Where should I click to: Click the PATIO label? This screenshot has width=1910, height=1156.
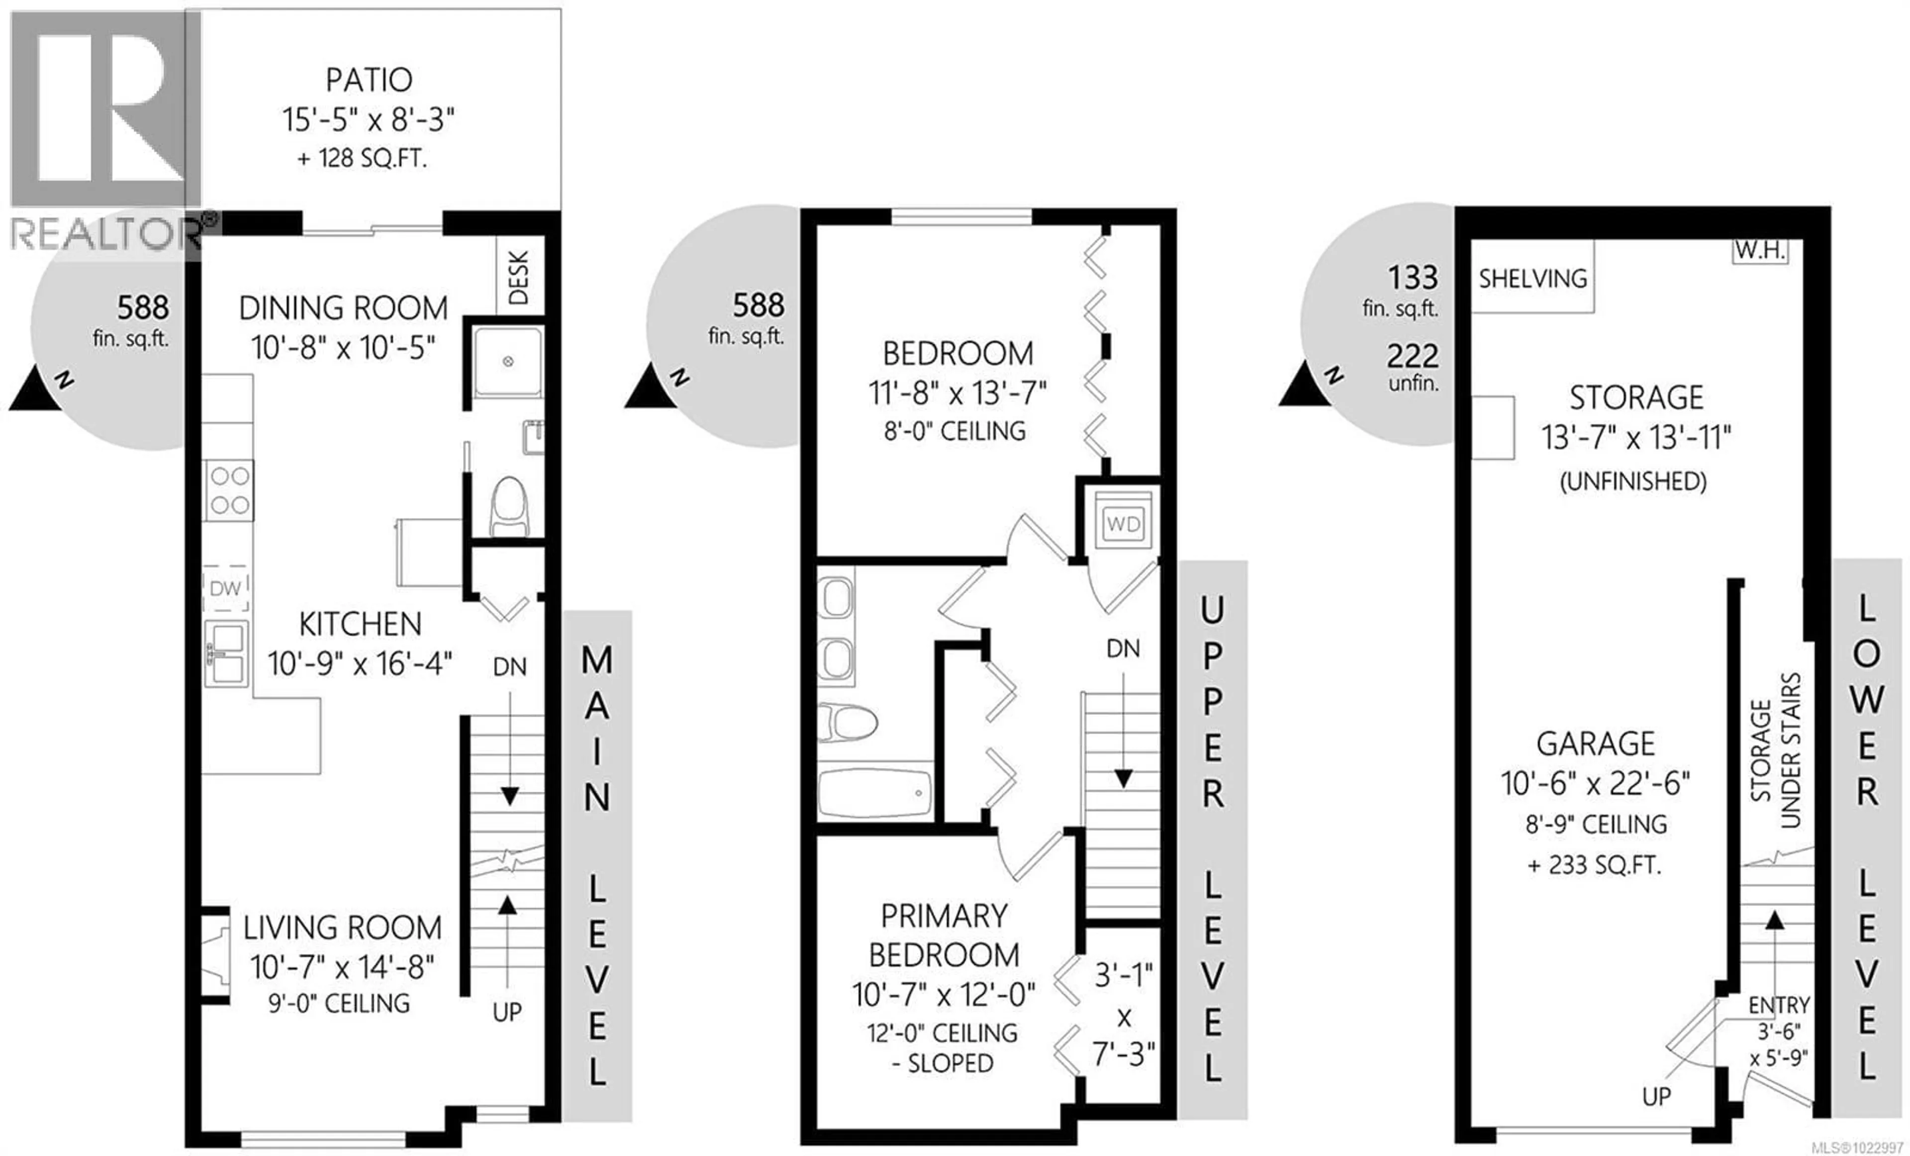(368, 80)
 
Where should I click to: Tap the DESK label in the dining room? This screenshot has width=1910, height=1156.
(518, 277)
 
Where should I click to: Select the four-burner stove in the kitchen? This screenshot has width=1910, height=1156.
(229, 491)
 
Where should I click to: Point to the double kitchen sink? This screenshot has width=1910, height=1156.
(226, 653)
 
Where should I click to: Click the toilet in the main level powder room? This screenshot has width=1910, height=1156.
(509, 506)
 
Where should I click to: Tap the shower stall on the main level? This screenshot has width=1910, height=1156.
(508, 362)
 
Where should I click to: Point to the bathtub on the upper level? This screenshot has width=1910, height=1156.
(874, 792)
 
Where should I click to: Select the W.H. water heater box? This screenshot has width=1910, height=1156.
(1760, 250)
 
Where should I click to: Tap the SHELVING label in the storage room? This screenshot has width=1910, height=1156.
(1532, 278)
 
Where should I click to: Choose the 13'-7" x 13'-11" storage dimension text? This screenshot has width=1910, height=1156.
(1635, 438)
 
